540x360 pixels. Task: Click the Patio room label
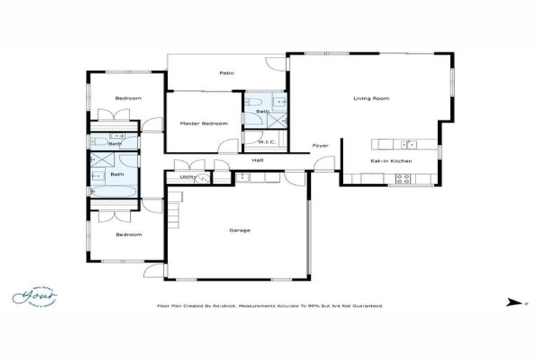click(226, 73)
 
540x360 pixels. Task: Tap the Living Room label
click(371, 98)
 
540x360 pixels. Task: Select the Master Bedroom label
click(203, 124)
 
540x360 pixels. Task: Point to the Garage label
click(240, 230)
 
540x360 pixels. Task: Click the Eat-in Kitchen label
click(391, 161)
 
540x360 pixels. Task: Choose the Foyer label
click(321, 146)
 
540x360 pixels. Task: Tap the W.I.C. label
click(266, 142)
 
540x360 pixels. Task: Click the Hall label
click(258, 160)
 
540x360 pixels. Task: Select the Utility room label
click(188, 177)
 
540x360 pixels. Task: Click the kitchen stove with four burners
click(403, 179)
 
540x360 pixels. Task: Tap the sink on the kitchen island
click(408, 145)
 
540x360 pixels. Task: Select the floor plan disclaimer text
click(269, 306)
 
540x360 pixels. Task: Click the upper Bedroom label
click(128, 98)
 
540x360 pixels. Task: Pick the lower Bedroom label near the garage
click(128, 235)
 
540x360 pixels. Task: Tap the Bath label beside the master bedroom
click(262, 112)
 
